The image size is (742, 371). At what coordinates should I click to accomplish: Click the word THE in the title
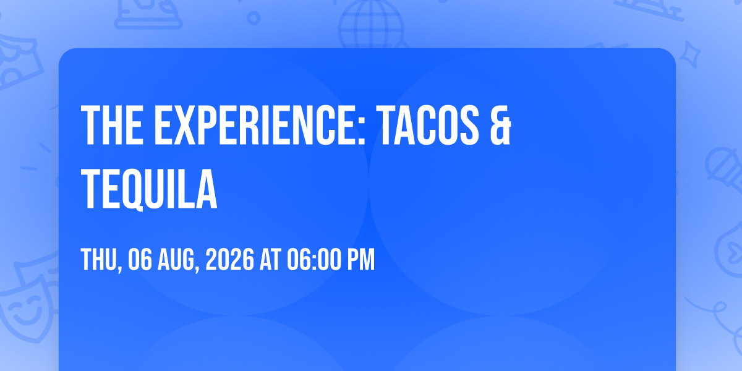coord(113,125)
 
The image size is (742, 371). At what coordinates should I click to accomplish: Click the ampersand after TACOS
coord(500,125)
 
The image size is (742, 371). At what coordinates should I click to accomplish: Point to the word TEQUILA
coord(149,189)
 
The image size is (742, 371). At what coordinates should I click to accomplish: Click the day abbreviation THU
coord(100,260)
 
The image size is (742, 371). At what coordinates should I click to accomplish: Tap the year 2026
coord(230,260)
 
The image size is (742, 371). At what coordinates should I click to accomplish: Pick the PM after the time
coord(360,260)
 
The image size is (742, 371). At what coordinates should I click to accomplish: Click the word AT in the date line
coord(270,260)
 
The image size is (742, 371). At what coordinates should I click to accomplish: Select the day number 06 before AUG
coord(140,260)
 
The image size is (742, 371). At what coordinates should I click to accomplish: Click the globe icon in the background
coord(371,24)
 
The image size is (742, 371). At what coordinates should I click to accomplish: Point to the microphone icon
coord(724,169)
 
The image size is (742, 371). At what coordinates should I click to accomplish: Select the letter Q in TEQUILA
coord(131,190)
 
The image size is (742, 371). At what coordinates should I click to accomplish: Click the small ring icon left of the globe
coord(254,18)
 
